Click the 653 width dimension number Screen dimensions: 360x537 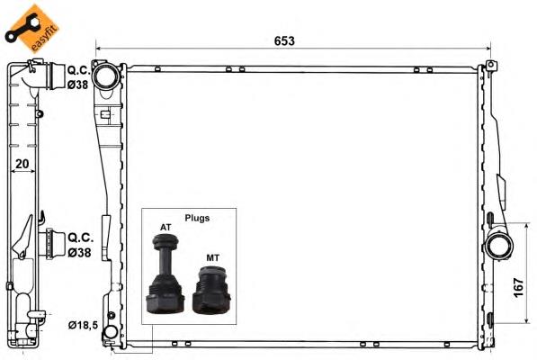(x=284, y=40)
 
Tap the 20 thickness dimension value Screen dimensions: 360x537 (x=22, y=165)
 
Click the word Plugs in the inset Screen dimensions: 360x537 (x=198, y=218)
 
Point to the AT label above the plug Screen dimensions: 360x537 (x=166, y=227)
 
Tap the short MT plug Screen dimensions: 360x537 (x=211, y=290)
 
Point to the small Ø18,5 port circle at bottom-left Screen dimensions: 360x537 (x=110, y=335)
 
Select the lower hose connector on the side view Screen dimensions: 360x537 (x=54, y=243)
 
